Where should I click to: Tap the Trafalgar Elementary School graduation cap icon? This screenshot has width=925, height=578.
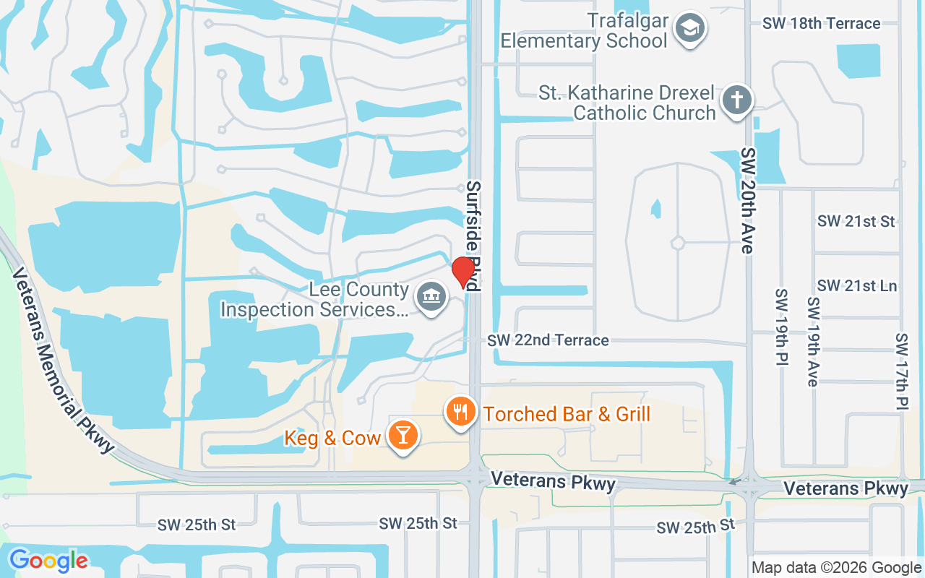[689, 29]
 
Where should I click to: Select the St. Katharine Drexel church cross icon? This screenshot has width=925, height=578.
[736, 99]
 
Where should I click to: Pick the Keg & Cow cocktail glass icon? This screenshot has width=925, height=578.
[402, 436]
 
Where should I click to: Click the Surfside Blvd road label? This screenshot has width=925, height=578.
[473, 235]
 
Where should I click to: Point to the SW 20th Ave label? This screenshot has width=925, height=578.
[747, 201]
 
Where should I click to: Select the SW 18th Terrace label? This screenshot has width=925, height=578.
[821, 23]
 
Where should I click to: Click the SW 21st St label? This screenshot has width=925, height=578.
[856, 221]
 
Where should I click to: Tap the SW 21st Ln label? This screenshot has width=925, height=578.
[856, 286]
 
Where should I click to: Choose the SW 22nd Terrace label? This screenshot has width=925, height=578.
[548, 340]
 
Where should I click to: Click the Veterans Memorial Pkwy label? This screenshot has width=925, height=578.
[64, 360]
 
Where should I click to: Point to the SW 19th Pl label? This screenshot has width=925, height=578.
[780, 327]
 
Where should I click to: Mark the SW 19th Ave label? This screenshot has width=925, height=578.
[814, 341]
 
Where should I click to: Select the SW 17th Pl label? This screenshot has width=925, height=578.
[901, 371]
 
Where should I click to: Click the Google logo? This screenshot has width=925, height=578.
[48, 560]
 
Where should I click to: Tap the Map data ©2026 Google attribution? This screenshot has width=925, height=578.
[836, 568]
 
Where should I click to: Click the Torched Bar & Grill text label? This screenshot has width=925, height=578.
[567, 414]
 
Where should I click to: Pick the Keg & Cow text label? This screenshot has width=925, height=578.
[332, 438]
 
